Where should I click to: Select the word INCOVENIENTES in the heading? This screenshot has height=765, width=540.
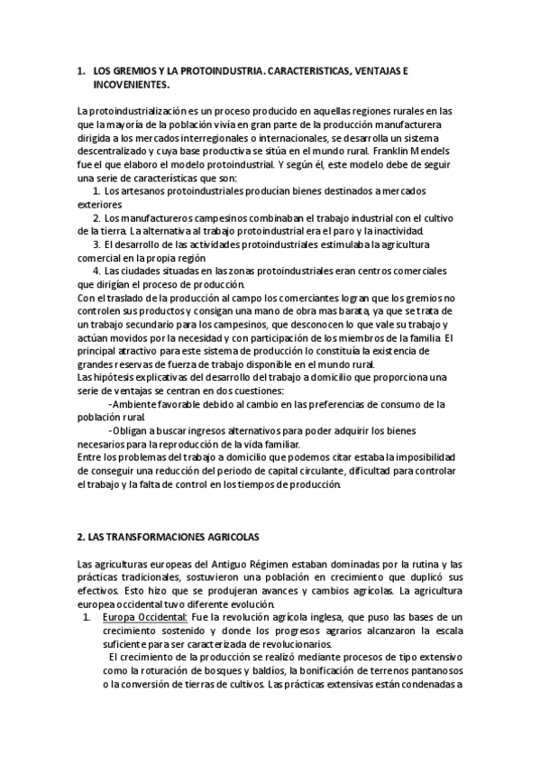coord(131,83)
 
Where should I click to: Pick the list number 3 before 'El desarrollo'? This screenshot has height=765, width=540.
coord(96,244)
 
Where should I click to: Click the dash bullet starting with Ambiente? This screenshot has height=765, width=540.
coord(110,404)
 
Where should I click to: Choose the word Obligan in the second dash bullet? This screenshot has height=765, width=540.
coord(133,430)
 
